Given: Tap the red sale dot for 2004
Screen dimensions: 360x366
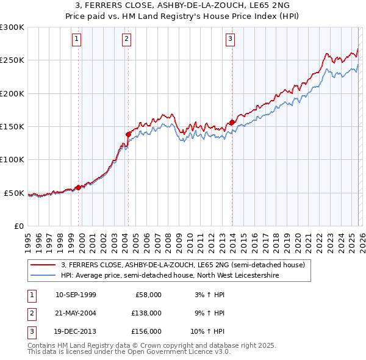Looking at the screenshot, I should click(128, 134).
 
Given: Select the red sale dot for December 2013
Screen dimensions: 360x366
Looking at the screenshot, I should click(232, 123).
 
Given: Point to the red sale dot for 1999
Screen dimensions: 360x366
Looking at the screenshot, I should click(78, 187).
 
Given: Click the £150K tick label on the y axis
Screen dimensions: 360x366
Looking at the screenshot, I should click(12, 127).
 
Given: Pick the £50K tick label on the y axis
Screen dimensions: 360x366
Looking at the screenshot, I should click(14, 193).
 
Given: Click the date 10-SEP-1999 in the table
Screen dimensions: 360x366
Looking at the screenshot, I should click(76, 295).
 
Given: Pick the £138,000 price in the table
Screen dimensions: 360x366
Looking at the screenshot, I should click(146, 313).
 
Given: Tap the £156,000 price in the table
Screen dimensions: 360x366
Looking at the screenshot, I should click(146, 331).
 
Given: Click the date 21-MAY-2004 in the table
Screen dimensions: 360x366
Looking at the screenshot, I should click(76, 313).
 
